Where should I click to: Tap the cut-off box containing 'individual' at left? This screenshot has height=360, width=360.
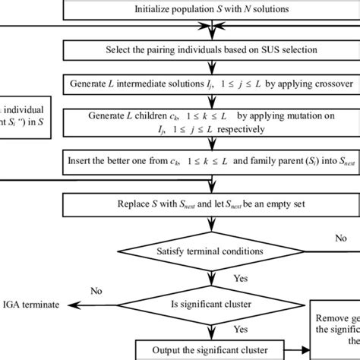pyautogui.click(x=27, y=116)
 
